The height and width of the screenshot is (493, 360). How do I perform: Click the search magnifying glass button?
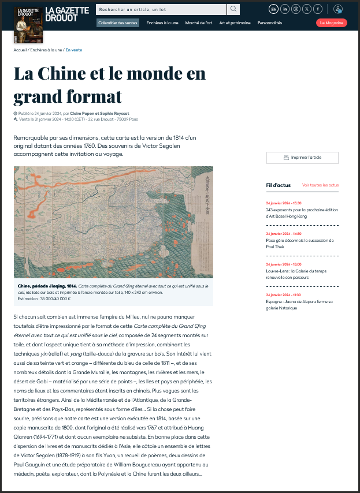click(233, 9)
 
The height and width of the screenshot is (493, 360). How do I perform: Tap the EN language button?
click(273, 9)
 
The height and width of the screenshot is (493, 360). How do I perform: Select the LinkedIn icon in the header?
click(284, 9)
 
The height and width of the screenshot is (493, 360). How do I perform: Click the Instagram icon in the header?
click(295, 9)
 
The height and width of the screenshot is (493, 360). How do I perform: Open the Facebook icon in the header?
click(317, 9)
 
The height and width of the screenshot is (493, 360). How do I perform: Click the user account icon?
click(338, 9)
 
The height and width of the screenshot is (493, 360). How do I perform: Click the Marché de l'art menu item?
click(198, 23)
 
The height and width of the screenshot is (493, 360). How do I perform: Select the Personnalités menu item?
click(270, 23)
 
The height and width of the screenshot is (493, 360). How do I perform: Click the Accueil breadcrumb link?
click(20, 50)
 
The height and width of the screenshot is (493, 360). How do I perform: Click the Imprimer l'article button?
click(302, 158)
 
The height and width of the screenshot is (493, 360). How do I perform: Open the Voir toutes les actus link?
click(320, 185)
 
